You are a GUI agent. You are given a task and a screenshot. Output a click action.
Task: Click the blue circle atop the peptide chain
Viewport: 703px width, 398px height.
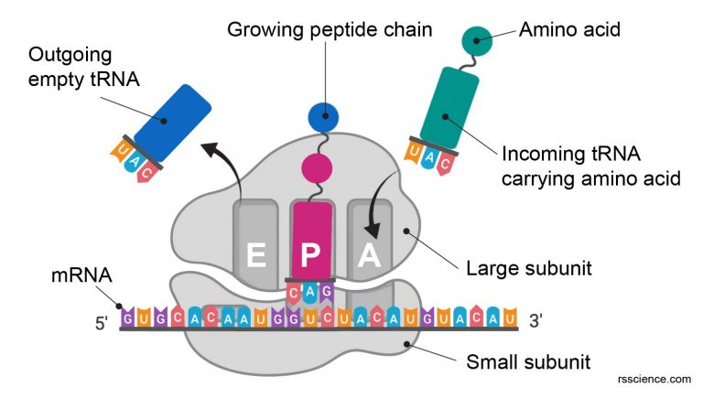click(322, 117)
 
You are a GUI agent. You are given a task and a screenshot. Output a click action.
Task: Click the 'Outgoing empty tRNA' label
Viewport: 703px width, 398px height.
click(84, 67)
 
